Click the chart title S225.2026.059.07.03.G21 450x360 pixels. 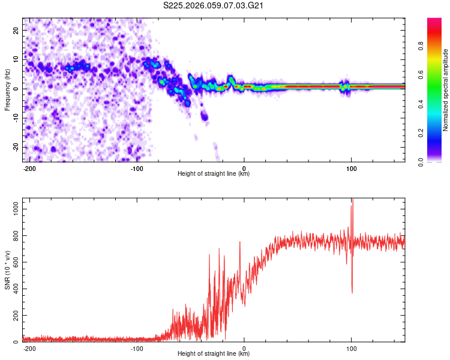[214, 7]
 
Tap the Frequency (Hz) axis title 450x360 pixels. [8, 90]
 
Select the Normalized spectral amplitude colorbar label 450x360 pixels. [446, 91]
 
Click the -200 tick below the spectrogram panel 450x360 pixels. [29, 168]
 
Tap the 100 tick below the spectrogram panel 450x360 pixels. [351, 168]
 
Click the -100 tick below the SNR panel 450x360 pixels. [137, 348]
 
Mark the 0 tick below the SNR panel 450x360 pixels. [244, 348]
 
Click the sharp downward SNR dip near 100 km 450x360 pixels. [352, 292]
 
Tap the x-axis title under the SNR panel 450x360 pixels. [214, 354]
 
